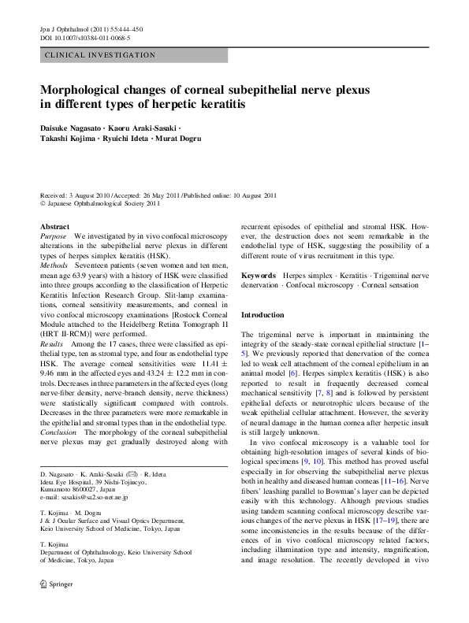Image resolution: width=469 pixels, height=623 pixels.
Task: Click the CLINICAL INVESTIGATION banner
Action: pyautogui.click(x=100, y=55)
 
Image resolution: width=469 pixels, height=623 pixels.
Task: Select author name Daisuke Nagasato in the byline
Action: pyautogui.click(x=73, y=127)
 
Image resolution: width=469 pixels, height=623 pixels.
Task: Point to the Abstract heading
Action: pyautogui.click(x=54, y=226)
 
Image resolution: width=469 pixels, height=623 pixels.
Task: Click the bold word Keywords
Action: pyautogui.click(x=258, y=276)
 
